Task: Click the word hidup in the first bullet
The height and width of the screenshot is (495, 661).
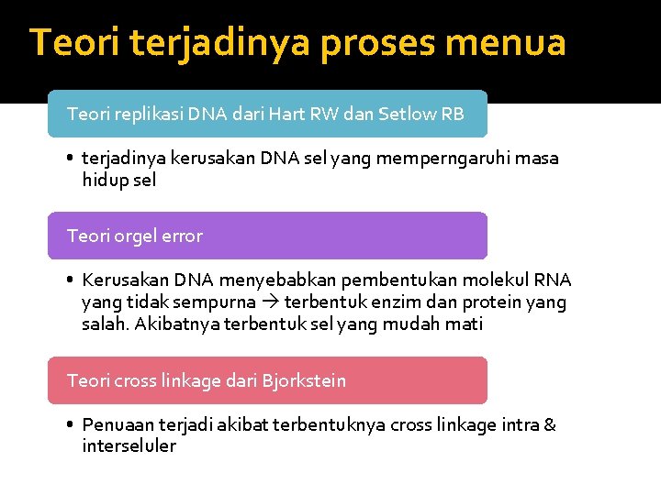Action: coord(106,180)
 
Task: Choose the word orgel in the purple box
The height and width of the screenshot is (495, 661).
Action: coord(138,236)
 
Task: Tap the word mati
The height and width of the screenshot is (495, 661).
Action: coord(464,324)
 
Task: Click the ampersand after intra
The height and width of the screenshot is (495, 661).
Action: coord(550,424)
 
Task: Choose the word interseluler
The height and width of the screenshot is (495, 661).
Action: coord(129,446)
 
